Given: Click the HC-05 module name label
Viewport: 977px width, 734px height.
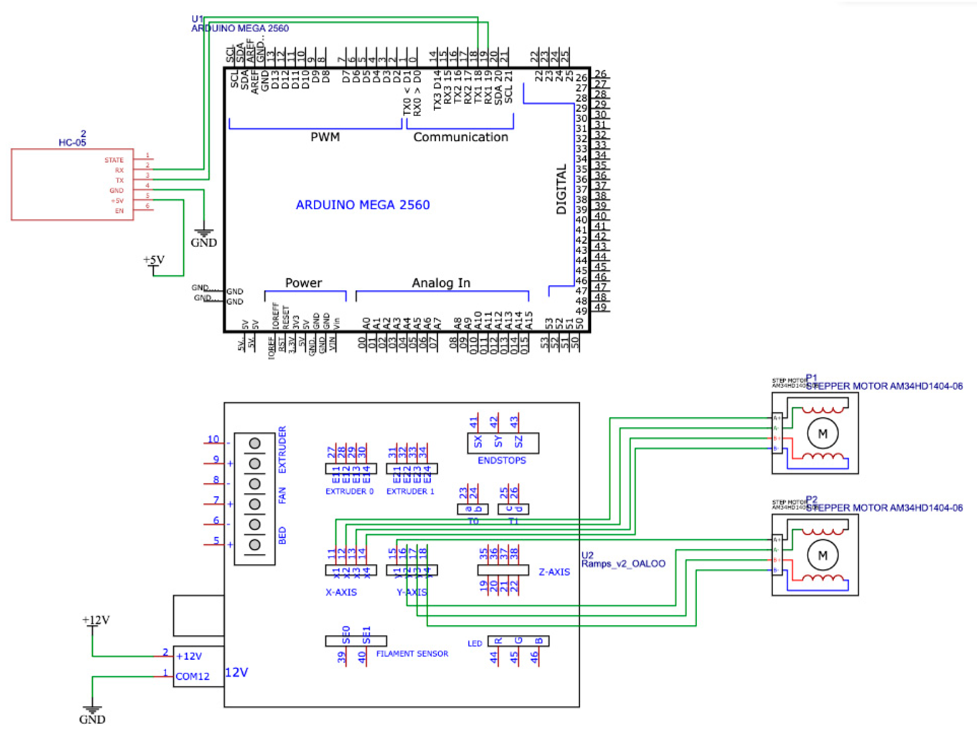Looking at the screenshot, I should tap(72, 143).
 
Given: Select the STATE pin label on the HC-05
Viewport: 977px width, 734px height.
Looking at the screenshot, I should tap(114, 160).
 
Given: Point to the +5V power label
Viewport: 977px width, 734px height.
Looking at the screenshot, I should tap(154, 260).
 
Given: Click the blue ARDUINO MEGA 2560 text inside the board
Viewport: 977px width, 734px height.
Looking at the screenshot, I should tap(363, 205).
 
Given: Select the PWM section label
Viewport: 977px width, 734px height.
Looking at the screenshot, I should tap(325, 137).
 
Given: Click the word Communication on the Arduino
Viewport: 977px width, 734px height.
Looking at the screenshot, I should tap(460, 137).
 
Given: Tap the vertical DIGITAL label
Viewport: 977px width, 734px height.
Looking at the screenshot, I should tap(561, 189).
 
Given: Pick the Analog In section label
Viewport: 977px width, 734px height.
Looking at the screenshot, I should tap(441, 283).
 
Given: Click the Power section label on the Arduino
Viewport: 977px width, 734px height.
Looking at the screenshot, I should tap(303, 283).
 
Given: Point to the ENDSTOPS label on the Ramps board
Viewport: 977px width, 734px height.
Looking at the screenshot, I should tap(502, 461).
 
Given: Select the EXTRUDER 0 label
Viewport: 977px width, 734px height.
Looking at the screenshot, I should tap(349, 491).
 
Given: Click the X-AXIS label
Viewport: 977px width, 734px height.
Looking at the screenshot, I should tap(341, 592).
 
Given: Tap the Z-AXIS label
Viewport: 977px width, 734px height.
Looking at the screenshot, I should tap(554, 572).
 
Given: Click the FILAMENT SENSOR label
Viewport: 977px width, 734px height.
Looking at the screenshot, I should tap(412, 654).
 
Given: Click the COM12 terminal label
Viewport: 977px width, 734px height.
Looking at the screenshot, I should tap(192, 677).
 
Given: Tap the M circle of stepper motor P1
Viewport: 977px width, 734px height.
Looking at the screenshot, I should tap(822, 434).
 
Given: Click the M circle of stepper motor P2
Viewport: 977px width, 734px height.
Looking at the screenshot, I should tap(822, 556).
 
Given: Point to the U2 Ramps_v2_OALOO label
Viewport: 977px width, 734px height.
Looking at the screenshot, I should tap(623, 560).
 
